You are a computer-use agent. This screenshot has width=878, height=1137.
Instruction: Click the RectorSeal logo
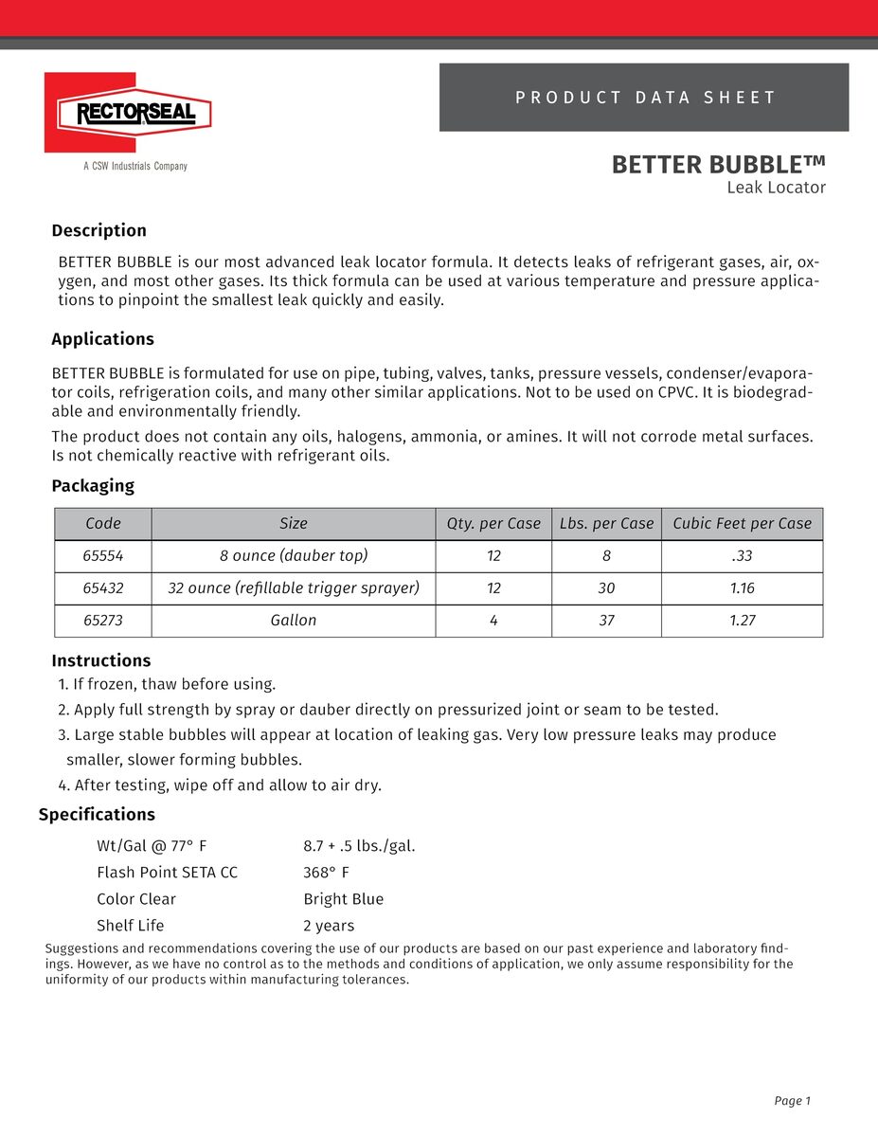(127, 114)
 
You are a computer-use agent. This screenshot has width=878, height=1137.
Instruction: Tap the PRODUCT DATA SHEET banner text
(645, 98)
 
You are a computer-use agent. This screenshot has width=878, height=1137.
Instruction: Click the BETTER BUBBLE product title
(718, 164)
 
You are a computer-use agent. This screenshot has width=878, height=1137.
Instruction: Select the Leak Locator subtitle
(776, 188)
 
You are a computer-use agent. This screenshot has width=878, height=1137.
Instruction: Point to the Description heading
(99, 230)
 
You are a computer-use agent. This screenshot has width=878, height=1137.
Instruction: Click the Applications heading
(102, 339)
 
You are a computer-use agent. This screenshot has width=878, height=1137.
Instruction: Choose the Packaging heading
(93, 486)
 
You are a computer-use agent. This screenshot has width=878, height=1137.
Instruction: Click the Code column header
(103, 523)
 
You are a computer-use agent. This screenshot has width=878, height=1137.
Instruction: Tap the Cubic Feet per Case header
(742, 523)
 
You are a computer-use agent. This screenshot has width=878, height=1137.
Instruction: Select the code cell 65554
(103, 556)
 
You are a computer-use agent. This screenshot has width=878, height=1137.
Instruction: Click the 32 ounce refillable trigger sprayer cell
(294, 588)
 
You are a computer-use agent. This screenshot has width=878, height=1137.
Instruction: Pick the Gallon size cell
(294, 621)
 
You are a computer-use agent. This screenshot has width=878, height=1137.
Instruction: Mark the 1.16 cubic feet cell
(742, 588)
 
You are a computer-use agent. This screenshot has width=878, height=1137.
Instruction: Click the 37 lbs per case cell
(606, 621)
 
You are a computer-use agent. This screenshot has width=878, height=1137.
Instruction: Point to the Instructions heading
(100, 660)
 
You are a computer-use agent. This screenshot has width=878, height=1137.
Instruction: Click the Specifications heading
(97, 815)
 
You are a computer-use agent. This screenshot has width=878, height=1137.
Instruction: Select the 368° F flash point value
(326, 873)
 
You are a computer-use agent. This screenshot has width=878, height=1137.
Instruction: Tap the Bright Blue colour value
(343, 899)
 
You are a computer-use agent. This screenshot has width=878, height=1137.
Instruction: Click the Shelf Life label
(130, 926)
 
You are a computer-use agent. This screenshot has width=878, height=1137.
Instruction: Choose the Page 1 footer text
(793, 1101)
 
